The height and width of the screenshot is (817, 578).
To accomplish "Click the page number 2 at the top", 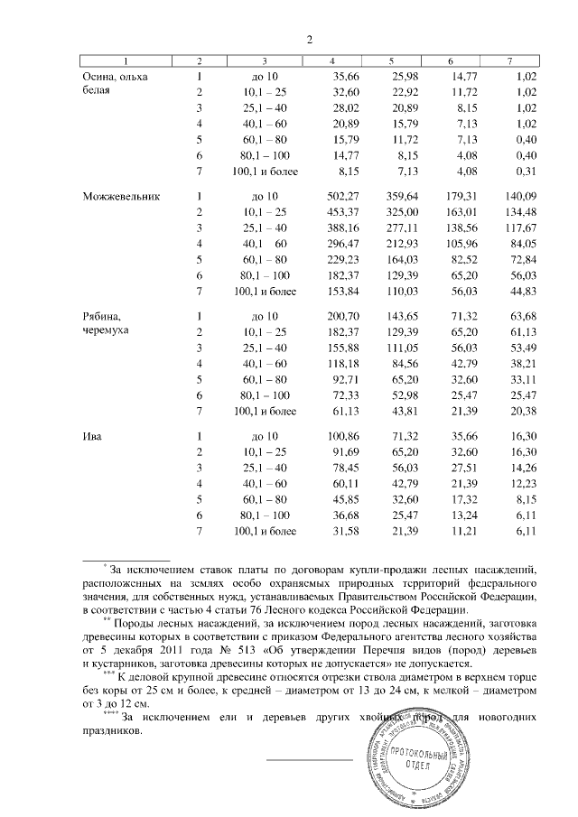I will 309,39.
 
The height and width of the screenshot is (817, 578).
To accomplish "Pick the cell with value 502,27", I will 340,196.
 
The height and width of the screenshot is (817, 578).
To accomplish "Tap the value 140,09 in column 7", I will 517,196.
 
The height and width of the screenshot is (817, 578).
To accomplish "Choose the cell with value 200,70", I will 340,315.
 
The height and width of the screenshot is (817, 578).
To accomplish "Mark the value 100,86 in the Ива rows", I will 340,437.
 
